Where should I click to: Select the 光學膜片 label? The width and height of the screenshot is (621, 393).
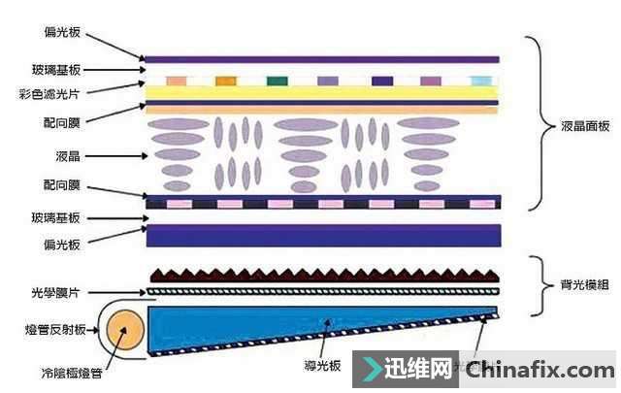tap(62, 291)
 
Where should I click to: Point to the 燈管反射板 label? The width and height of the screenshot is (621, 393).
tap(56, 331)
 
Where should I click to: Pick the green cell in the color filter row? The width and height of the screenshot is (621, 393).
tap(276, 81)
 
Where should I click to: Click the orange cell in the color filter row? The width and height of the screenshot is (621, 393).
tap(225, 81)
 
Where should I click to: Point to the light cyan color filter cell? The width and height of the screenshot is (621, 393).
tap(480, 81)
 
